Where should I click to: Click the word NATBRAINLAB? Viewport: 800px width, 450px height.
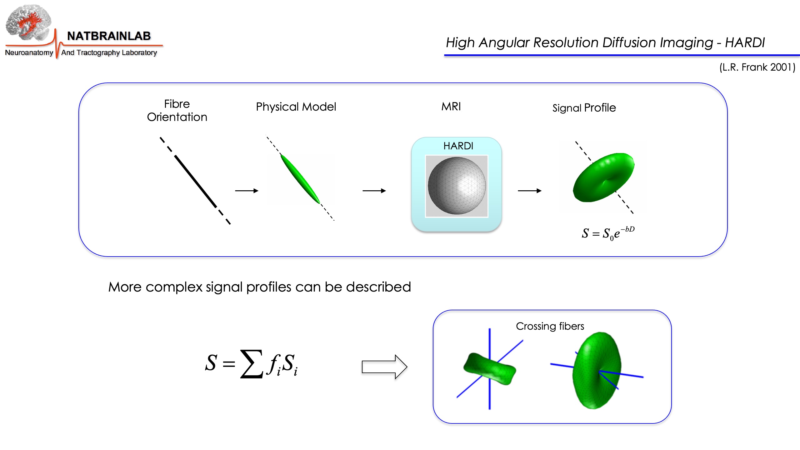tap(109, 36)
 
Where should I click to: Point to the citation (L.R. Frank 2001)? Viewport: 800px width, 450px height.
tap(757, 67)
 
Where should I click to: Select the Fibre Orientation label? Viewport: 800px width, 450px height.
tap(177, 110)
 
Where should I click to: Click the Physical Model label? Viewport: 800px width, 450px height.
tap(296, 107)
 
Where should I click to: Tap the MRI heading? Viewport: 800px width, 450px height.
tap(451, 107)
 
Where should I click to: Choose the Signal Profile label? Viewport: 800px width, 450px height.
tap(584, 108)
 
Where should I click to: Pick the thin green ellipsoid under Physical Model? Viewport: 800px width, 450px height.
tap(300, 179)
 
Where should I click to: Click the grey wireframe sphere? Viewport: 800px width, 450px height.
tap(457, 186)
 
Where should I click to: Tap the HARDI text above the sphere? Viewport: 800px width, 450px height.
tap(458, 146)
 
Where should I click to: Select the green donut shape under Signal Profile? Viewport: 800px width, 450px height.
tap(603, 177)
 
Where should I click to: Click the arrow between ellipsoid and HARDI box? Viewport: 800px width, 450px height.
tap(374, 191)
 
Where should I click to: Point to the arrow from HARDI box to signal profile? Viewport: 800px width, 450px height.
tap(529, 191)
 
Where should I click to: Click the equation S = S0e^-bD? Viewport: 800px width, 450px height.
tap(608, 233)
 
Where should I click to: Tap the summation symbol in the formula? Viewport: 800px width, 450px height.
tap(251, 364)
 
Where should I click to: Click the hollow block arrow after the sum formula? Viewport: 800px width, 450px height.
tap(384, 367)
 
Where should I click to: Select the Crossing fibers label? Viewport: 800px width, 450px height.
tap(550, 326)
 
